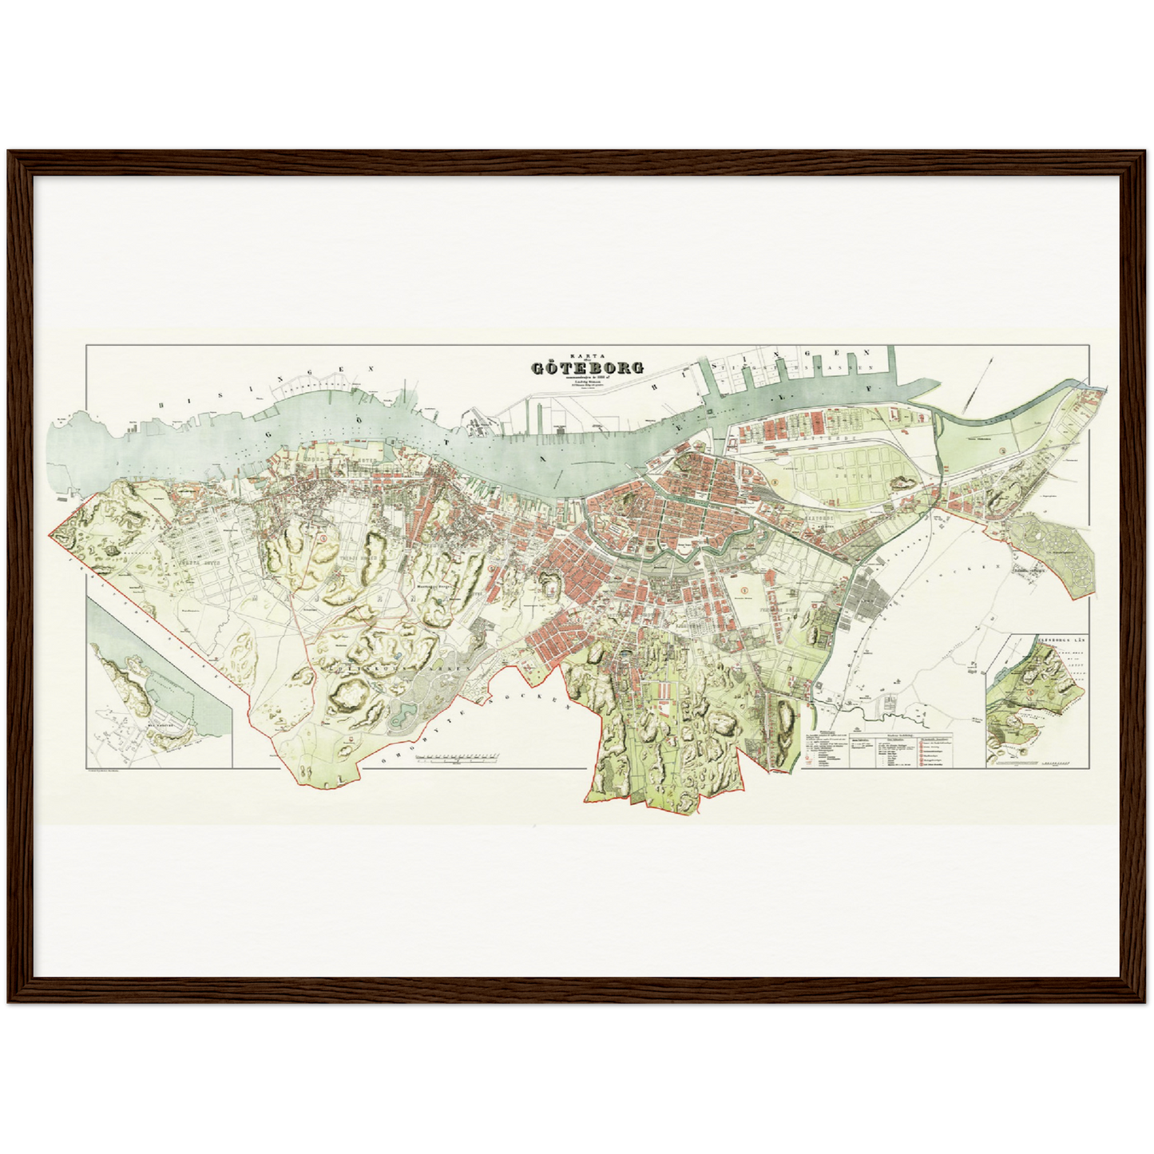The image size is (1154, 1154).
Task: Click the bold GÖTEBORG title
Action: pos(588,369)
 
